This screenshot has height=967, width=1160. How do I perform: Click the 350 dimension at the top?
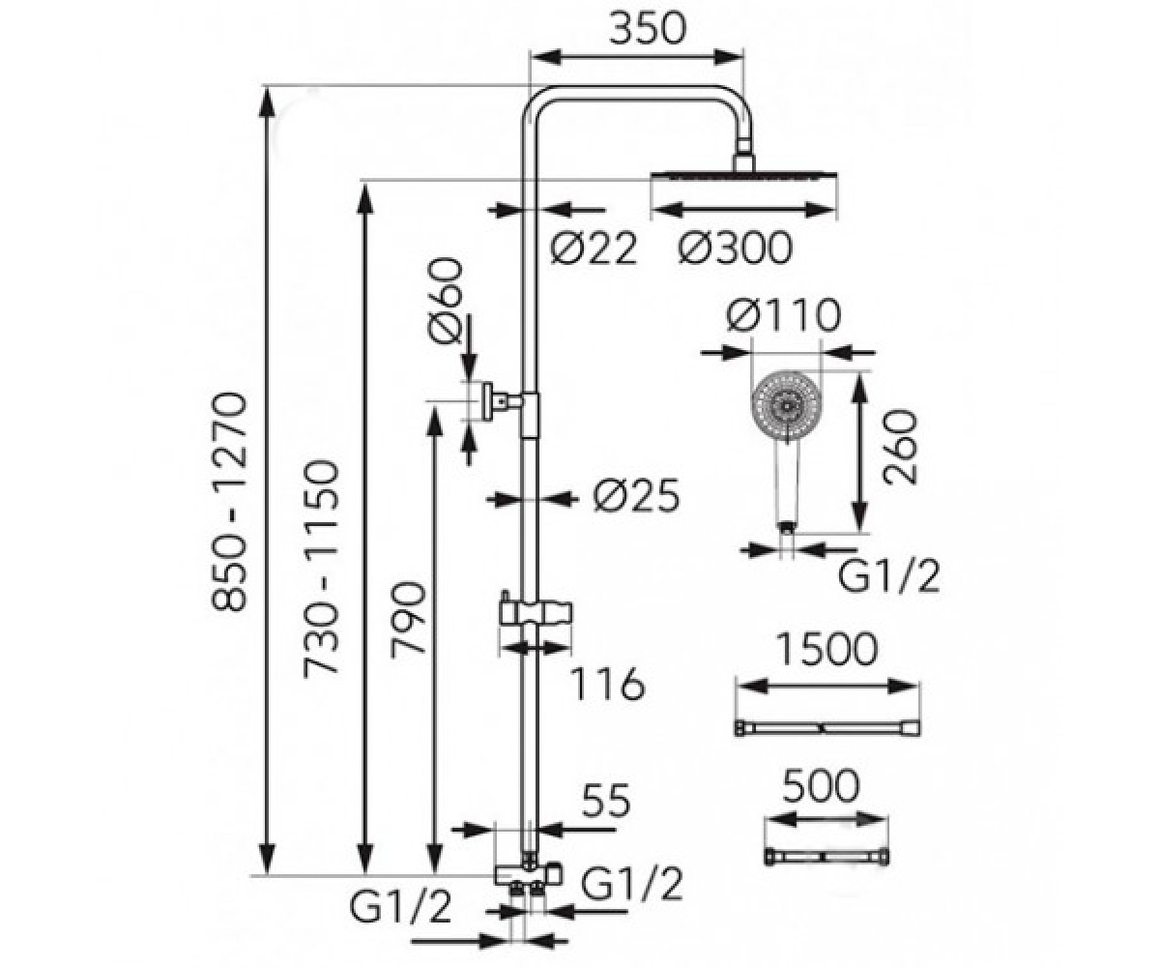[x=647, y=28]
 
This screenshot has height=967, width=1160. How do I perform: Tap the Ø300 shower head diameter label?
[x=735, y=248]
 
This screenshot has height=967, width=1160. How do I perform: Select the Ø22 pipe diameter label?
[x=593, y=248]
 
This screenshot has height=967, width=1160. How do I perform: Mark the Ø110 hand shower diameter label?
[x=784, y=315]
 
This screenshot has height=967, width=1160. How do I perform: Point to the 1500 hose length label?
[x=826, y=649]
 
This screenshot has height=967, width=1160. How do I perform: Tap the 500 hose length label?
[x=821, y=787]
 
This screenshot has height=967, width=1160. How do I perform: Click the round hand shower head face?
[x=786, y=406]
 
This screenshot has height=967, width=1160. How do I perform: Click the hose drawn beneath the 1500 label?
[x=826, y=728]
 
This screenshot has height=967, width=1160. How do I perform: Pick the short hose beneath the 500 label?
[x=826, y=857]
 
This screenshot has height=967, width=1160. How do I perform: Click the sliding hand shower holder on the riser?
[x=535, y=613]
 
